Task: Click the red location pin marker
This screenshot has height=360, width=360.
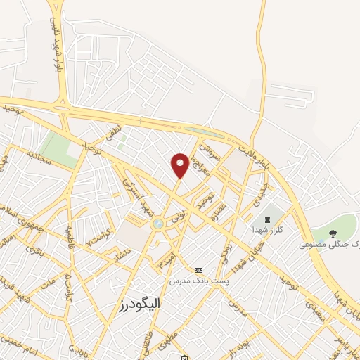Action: point(180,165)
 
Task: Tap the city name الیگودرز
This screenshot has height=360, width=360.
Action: point(136,303)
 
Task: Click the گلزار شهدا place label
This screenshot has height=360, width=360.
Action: point(269,230)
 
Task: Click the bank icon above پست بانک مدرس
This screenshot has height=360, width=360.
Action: point(198,270)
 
